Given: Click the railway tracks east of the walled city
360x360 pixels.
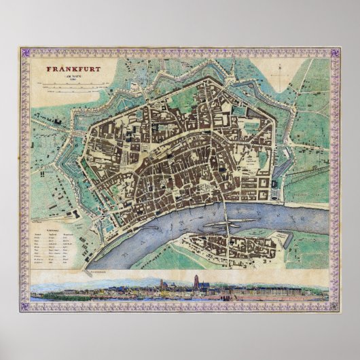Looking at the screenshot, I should point(306,176).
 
